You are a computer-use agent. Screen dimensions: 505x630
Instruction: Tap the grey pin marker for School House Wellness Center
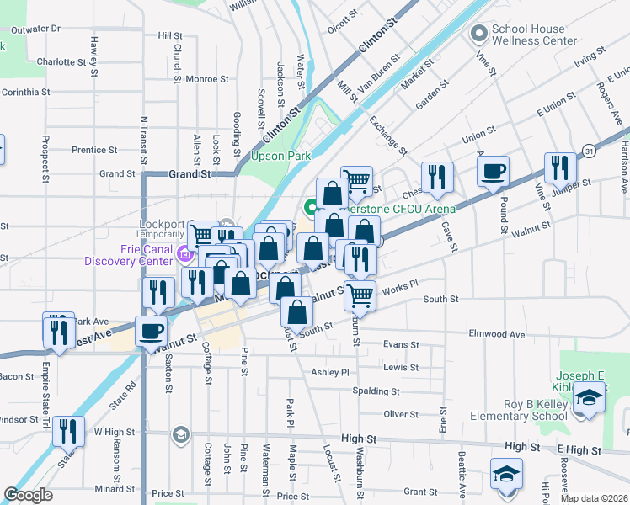coord(479,35)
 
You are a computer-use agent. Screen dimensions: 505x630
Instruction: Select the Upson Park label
coord(280,156)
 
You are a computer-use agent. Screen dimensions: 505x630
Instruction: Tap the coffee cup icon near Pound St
coord(493,172)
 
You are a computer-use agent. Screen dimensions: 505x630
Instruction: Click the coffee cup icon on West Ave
coord(152,331)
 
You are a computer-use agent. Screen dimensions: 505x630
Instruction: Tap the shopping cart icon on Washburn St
coord(360,295)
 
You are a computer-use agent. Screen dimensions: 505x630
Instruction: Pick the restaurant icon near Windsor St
coord(68,431)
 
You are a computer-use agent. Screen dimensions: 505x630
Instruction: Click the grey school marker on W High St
coord(179,434)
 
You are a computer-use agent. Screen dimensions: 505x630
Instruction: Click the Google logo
coord(29,495)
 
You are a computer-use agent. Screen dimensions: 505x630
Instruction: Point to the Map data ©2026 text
coord(594,498)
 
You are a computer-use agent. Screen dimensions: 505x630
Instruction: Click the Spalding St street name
coord(376,391)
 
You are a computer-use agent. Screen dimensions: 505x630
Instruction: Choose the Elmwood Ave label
coord(496,334)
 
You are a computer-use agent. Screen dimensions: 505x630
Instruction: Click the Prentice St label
coord(93,150)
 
